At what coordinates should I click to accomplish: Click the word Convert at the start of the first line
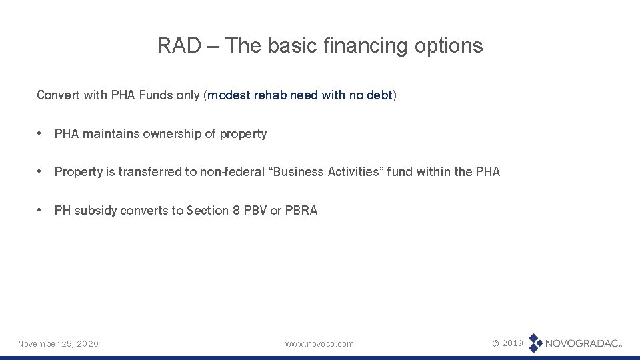click(x=58, y=95)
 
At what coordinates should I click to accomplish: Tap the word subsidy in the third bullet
click(x=94, y=211)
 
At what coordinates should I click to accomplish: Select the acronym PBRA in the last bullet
click(x=301, y=211)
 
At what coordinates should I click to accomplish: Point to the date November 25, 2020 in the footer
click(x=58, y=343)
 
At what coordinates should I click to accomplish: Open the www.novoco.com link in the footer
click(x=319, y=343)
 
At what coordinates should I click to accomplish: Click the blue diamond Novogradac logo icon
click(x=535, y=343)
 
